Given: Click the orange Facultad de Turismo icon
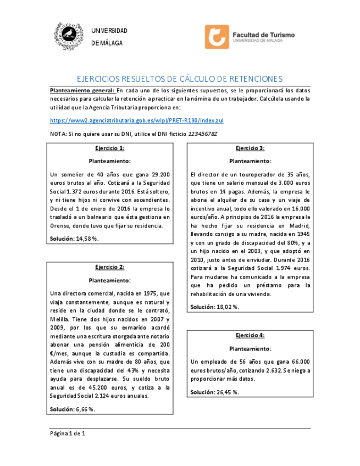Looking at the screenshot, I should pos(217,37).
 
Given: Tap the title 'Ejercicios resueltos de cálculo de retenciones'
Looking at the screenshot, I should pos(179,79).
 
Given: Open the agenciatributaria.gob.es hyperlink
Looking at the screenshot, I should pos(136,120).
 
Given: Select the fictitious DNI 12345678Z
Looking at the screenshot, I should pos(202,134).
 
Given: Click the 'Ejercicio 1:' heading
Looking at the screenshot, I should pos(109,148).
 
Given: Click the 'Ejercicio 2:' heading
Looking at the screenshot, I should pos(109,267).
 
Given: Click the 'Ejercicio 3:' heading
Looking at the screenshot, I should pos(250,148).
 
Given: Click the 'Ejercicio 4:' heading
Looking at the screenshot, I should pos(250,335).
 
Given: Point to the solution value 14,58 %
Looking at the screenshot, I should pos(87,238).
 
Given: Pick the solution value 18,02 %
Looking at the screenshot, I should pos(228,307).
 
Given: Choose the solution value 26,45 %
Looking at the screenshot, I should pos(228,392).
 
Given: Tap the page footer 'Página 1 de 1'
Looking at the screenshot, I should pos(68,434).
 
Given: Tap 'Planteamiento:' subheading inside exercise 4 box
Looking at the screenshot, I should pos(250,348).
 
